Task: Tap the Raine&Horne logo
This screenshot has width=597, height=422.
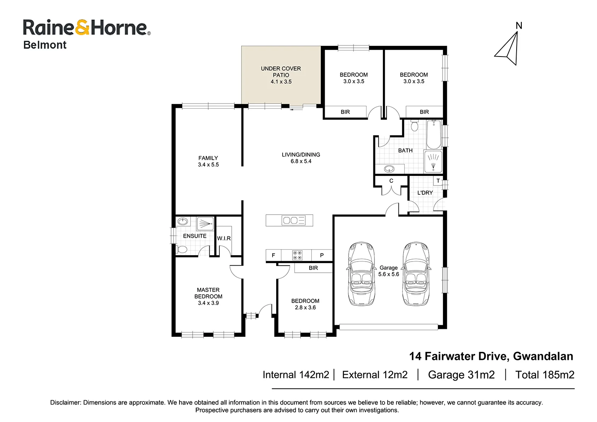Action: click(x=86, y=28)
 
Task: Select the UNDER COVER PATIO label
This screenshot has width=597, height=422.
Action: click(x=281, y=75)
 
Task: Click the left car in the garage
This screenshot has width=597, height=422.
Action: click(x=361, y=274)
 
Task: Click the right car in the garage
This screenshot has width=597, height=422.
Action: click(x=416, y=274)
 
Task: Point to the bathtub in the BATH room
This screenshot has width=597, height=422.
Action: click(x=433, y=134)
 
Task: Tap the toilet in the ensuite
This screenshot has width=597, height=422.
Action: click(x=181, y=250)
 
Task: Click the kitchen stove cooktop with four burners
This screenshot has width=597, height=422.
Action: click(x=297, y=255)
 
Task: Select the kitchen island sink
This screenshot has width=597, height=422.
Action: click(x=290, y=220)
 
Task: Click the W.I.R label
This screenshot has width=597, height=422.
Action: click(x=224, y=238)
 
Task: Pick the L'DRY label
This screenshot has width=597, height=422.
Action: click(x=425, y=193)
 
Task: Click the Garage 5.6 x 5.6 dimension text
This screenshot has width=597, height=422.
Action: click(x=388, y=271)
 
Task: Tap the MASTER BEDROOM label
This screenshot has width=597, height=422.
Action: click(x=208, y=296)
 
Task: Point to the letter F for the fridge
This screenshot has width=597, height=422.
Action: click(x=273, y=255)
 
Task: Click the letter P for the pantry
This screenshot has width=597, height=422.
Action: click(x=322, y=255)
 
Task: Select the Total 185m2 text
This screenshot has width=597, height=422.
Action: click(x=544, y=375)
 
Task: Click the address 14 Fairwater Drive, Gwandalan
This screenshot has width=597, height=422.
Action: click(x=491, y=356)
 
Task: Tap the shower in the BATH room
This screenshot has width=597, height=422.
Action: click(x=433, y=161)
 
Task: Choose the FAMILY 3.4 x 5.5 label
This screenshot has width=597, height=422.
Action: click(x=208, y=161)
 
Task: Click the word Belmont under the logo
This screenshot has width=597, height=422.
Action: click(x=45, y=45)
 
